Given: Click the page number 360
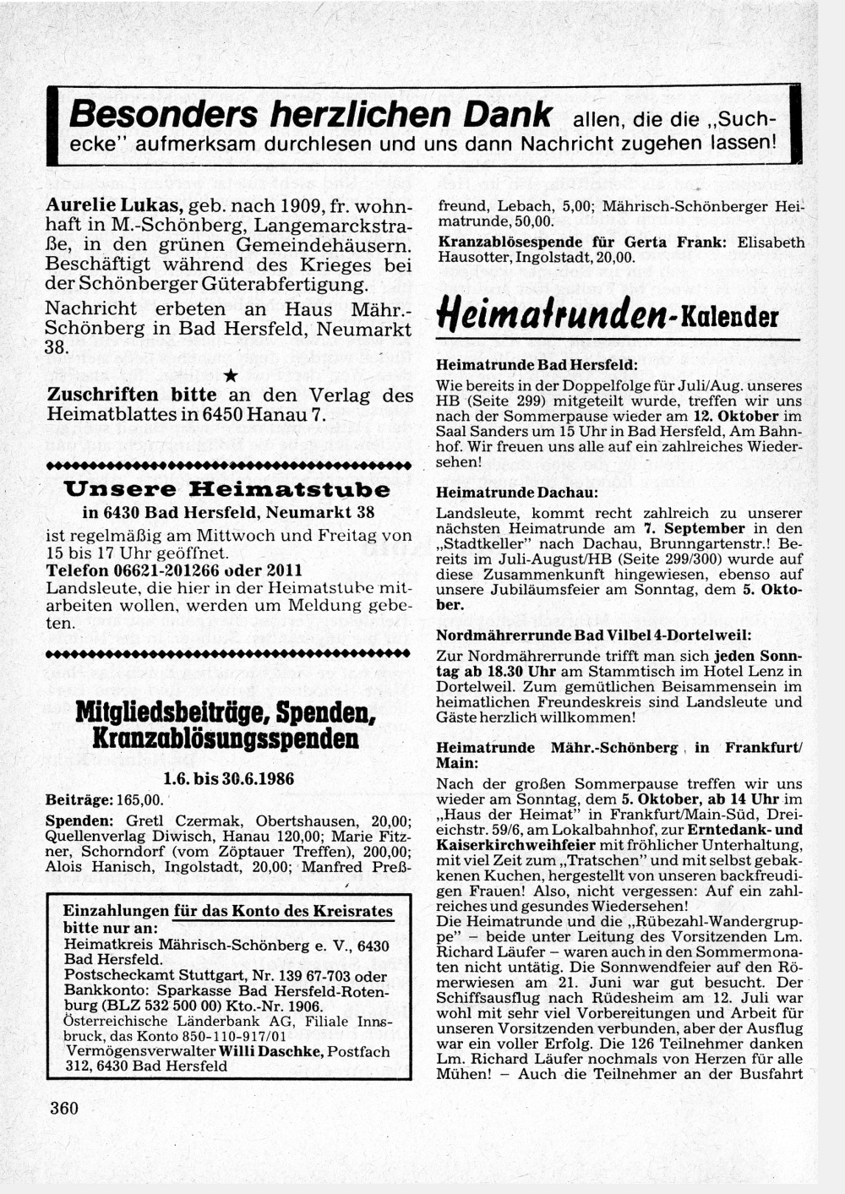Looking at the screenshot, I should (64, 1108).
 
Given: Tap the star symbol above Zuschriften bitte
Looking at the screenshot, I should (230, 374).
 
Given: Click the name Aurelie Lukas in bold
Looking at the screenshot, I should (114, 205).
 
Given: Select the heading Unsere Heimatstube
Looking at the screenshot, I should (228, 489).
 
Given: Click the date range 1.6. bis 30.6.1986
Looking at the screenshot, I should (228, 778).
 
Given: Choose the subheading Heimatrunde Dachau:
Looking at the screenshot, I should (516, 492).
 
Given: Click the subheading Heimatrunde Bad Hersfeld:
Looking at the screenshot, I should (537, 365).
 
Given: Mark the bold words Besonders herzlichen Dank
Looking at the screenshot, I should (311, 115).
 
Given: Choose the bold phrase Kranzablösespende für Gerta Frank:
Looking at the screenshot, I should (581, 243).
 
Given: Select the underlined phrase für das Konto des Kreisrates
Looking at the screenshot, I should (283, 911).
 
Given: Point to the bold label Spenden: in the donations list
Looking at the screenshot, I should (79, 821).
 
